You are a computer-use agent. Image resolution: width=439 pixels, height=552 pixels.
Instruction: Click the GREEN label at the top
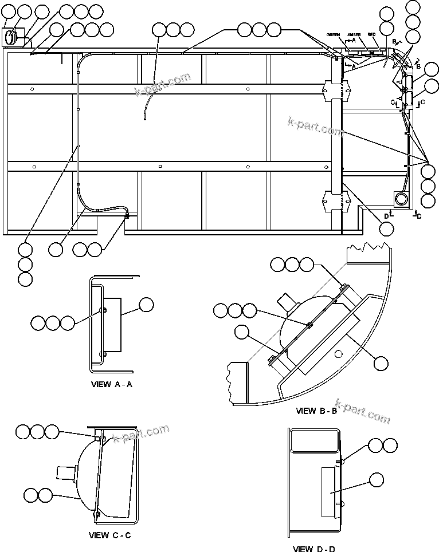click(x=334, y=35)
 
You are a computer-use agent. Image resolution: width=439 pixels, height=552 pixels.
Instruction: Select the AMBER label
click(x=354, y=35)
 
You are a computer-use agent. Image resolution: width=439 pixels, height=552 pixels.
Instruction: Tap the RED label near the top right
click(x=371, y=35)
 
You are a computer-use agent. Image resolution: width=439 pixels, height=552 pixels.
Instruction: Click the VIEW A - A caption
click(x=112, y=384)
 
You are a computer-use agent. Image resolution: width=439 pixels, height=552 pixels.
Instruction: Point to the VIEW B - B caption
click(x=316, y=411)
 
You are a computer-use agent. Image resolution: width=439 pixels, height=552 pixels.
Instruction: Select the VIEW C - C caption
click(x=110, y=535)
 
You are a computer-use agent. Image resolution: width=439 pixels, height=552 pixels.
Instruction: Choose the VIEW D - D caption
click(x=314, y=549)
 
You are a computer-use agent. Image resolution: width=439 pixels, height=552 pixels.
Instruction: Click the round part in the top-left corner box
click(x=11, y=37)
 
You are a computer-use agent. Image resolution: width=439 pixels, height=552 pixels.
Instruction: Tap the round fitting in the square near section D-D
click(x=401, y=198)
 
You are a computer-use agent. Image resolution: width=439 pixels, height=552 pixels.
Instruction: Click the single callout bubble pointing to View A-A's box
click(x=147, y=305)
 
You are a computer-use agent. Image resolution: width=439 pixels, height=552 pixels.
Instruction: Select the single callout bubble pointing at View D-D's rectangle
click(x=377, y=480)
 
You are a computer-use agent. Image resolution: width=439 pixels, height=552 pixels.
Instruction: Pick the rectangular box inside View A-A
click(x=113, y=325)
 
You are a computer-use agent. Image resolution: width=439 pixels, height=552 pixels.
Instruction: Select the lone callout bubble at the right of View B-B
click(x=381, y=362)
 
